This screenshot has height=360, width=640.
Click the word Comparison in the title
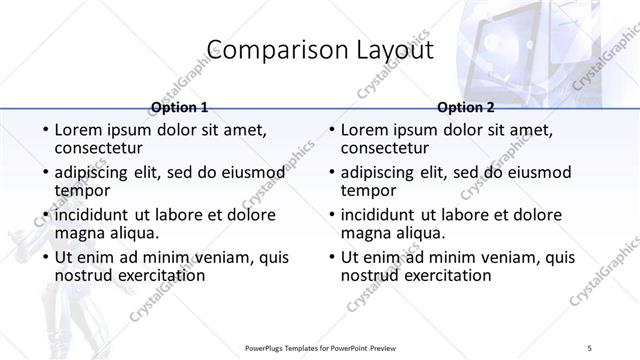[267, 51]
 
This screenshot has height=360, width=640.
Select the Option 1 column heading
[179, 107]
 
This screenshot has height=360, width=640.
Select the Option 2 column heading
[466, 107]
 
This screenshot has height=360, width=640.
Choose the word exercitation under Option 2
[448, 274]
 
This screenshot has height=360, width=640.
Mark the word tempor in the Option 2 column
[367, 190]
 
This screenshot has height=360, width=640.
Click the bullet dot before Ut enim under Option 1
[45, 257]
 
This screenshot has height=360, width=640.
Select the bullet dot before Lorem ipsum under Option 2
[331, 131]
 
